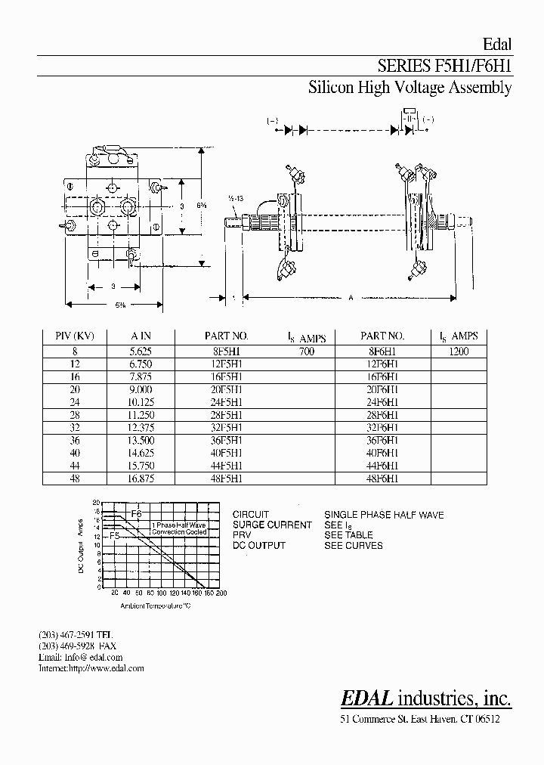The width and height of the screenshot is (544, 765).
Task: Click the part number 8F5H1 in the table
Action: pyautogui.click(x=224, y=352)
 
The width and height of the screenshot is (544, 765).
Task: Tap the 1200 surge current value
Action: pyautogui.click(x=459, y=352)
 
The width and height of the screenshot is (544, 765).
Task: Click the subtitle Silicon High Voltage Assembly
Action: pyautogui.click(x=410, y=88)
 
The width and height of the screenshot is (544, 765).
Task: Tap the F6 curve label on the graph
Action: pyautogui.click(x=137, y=514)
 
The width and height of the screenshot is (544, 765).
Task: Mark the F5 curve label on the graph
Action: pyautogui.click(x=115, y=536)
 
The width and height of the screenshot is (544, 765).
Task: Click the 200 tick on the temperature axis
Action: pyautogui.click(x=221, y=593)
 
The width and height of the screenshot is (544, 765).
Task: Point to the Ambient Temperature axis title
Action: pyautogui.click(x=156, y=605)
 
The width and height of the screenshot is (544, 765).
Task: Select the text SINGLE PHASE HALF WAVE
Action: pyautogui.click(x=384, y=515)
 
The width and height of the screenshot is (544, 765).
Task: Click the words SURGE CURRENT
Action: pyautogui.click(x=272, y=525)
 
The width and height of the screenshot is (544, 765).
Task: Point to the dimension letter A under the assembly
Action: pyautogui.click(x=351, y=298)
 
